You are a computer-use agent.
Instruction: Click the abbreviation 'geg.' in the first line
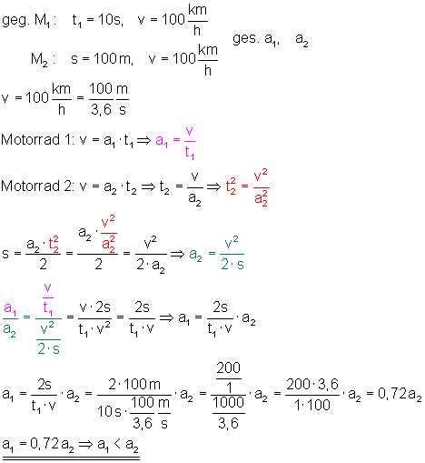(x=15, y=21)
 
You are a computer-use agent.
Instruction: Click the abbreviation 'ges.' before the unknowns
(x=246, y=39)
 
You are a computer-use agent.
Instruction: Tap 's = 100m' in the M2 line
(x=102, y=58)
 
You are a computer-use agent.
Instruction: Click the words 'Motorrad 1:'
(x=38, y=140)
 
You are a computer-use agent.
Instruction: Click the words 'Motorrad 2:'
(x=38, y=186)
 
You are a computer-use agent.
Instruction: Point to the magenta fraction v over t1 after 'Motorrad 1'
(x=190, y=143)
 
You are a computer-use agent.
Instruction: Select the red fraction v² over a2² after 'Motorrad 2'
(x=261, y=188)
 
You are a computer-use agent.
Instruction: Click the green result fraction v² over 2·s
(x=232, y=254)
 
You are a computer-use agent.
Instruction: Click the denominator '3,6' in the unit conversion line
(x=102, y=109)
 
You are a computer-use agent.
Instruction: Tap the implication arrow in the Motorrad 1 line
(x=143, y=140)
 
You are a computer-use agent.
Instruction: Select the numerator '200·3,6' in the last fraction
(x=312, y=385)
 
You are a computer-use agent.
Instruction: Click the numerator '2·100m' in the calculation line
(x=134, y=385)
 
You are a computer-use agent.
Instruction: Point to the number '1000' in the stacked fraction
(x=229, y=403)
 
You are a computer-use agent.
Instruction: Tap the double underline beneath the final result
(x=71, y=458)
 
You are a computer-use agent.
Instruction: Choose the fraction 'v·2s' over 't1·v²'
(x=94, y=318)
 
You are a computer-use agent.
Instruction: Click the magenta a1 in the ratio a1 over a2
(x=10, y=308)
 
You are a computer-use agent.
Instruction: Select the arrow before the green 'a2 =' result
(x=177, y=254)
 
